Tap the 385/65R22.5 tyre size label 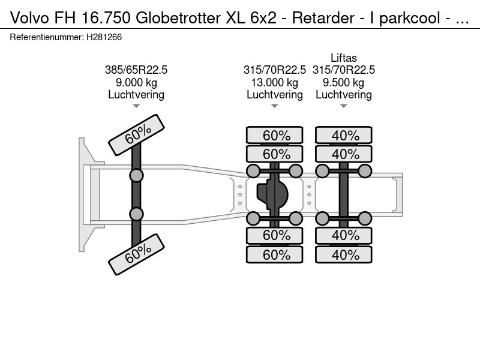point(136,70)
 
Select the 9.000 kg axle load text point(136,83)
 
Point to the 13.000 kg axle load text point(275,83)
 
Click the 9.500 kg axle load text point(344,83)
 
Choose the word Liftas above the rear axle point(344,58)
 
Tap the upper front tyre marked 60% point(136,134)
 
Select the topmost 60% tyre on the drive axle point(275,135)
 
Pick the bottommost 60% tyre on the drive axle point(275,254)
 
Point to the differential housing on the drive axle point(273,194)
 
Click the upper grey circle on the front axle point(137,175)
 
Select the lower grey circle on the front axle point(137,214)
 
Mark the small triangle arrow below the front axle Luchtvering point(136,106)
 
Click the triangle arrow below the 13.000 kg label point(275,106)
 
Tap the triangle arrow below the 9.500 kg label point(344,106)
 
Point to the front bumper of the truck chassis point(84,194)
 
